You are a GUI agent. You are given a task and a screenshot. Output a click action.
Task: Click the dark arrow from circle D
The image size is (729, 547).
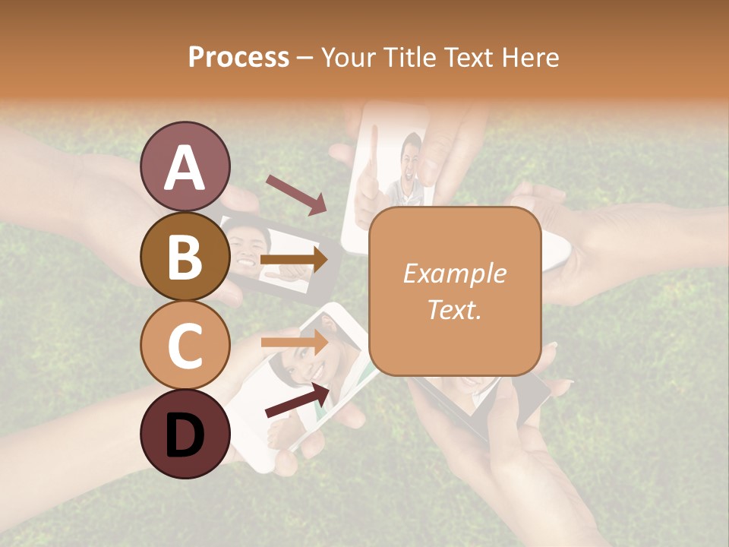297,400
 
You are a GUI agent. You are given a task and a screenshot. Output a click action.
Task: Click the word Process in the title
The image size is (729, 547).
238,57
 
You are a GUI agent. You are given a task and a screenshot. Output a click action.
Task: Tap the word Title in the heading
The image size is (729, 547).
410,57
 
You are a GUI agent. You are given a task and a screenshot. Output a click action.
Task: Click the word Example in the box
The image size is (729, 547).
454,273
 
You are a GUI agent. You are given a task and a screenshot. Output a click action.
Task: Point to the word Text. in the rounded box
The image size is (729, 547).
454,309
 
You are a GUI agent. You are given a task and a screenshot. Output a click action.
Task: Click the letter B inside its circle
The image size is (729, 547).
185,257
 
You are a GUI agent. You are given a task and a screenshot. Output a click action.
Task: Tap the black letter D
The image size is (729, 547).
185,435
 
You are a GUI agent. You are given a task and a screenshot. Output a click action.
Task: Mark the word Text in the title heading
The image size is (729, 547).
469,57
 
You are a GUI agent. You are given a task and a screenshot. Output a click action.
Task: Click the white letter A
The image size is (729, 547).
185,167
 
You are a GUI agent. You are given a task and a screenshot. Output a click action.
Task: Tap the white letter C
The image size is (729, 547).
185,346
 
